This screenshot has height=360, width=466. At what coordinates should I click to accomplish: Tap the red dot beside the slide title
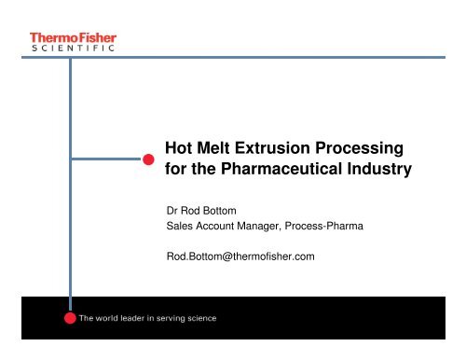click(x=148, y=159)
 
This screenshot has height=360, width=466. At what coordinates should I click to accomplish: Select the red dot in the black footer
click(x=69, y=319)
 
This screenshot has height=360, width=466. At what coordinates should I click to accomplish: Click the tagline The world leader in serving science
click(x=147, y=319)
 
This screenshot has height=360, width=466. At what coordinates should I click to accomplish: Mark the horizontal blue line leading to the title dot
click(x=106, y=159)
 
